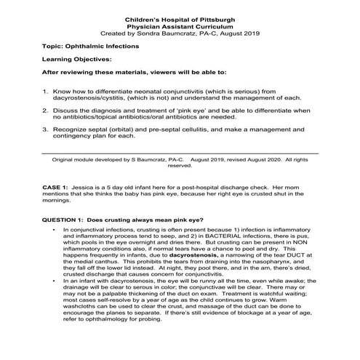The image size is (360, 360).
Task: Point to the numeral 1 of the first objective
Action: pyautogui.click(x=45, y=92)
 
